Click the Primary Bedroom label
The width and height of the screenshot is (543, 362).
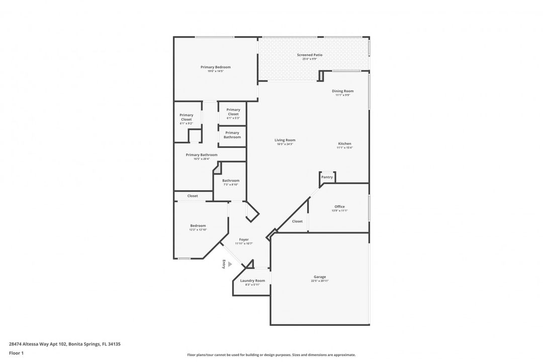[215, 67]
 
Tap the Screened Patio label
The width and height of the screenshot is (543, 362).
[309, 55]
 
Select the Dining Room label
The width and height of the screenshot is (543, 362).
[342, 91]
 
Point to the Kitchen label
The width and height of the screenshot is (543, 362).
[344, 144]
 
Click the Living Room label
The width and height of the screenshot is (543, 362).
[285, 140]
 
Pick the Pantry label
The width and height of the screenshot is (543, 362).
[327, 177]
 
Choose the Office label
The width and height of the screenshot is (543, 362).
[340, 207]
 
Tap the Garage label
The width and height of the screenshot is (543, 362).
[320, 277]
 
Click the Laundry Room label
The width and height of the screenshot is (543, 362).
[252, 281]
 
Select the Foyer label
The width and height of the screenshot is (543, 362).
[244, 240]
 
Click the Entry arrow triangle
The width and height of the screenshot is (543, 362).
[230, 264]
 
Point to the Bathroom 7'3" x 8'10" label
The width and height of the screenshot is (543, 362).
[231, 180]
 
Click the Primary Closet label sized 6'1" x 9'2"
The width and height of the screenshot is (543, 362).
[186, 117]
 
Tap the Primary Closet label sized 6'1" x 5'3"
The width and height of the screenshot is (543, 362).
[233, 112]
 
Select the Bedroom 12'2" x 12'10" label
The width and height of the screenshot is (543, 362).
[198, 226]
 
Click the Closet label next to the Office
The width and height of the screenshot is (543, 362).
[297, 221]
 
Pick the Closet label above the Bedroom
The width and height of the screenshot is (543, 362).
[193, 196]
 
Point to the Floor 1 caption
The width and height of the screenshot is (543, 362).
[16, 353]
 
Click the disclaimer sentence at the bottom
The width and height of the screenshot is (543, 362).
[271, 355]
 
